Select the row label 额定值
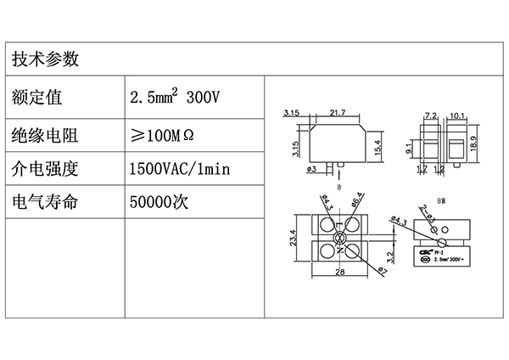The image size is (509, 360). pyautogui.click(x=37, y=98)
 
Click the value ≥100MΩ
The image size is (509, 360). pyautogui.click(x=165, y=134)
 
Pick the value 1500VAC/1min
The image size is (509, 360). pyautogui.click(x=179, y=169)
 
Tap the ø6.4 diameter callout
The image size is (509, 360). pyautogui.click(x=357, y=200)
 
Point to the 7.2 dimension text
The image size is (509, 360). pyautogui.click(x=428, y=114)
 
